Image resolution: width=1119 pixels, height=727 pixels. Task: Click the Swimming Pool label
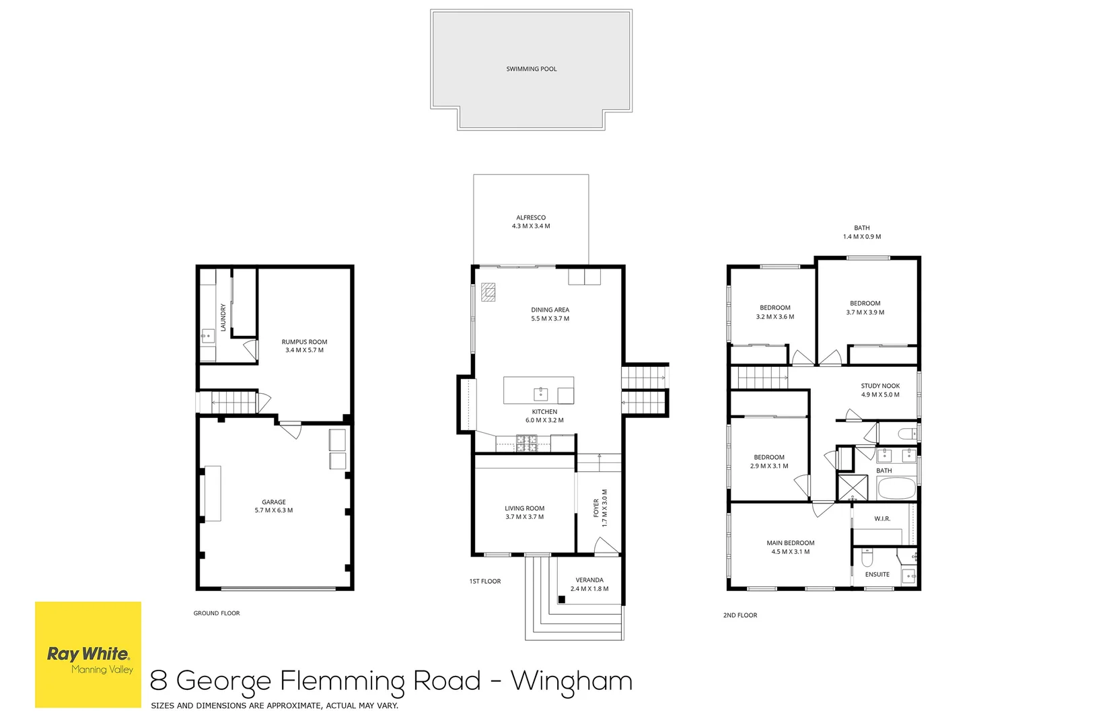531,69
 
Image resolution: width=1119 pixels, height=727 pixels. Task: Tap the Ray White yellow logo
88,654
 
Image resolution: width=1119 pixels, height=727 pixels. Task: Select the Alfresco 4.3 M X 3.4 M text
531,222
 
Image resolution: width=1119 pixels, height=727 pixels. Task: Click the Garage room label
274,506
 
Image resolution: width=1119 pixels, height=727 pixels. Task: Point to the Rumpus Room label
304,346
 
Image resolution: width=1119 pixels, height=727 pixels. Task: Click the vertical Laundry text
223,317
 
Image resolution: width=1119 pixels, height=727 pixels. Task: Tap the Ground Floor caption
217,613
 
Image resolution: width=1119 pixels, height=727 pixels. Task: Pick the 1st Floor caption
485,581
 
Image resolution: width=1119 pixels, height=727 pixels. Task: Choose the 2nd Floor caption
740,615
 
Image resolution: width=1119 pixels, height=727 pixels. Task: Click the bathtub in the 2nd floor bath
897,488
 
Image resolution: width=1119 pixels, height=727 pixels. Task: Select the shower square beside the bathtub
853,487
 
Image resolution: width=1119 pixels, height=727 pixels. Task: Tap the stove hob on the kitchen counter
527,443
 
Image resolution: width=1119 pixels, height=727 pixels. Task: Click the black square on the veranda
561,600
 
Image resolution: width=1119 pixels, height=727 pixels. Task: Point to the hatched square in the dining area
488,292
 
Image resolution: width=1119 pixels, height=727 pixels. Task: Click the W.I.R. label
882,518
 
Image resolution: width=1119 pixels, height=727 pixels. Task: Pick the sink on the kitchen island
540,394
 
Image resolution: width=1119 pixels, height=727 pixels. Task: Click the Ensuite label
877,575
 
